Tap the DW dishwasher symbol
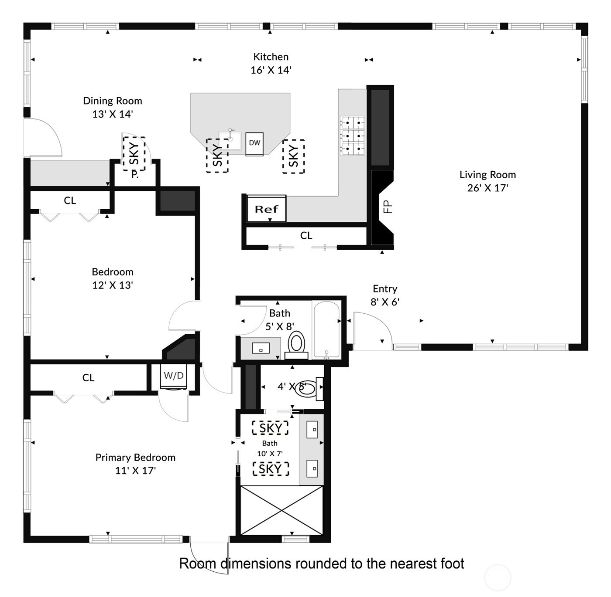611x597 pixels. pos(254,143)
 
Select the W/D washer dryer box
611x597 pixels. pos(174,376)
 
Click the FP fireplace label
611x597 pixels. pos(388,207)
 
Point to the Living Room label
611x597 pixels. pos(487,175)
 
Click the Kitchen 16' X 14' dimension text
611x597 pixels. pos(271,70)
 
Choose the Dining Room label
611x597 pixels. pos(113,101)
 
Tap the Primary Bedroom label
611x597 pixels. pos(135,458)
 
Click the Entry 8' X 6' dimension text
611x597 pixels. pos(385,302)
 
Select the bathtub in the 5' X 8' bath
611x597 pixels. pos(326,329)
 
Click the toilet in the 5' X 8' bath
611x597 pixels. pos(297,343)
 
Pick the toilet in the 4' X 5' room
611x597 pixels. pos(307,388)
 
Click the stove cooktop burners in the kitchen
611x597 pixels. pos(352,136)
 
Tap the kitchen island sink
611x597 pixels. pos(230,139)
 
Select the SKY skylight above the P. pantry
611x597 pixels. pos(134,153)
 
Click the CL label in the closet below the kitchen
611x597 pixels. pos(306,236)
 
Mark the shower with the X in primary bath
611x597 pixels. pos(282,510)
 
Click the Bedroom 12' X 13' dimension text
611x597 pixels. pos(113,285)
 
